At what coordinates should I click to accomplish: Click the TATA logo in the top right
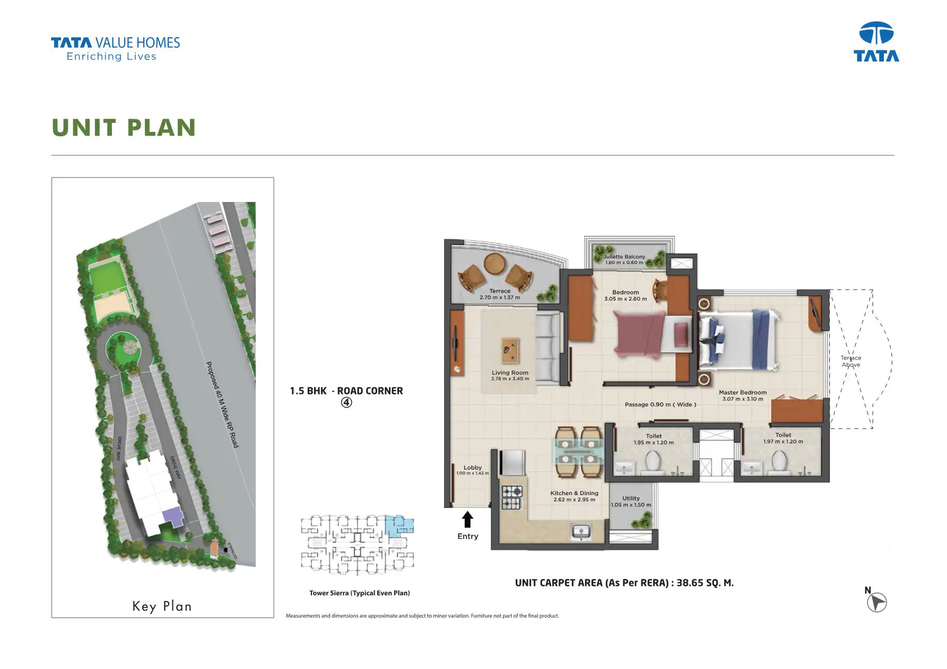[876, 42]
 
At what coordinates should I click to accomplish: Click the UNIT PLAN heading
[124, 128]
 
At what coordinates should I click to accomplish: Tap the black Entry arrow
[467, 520]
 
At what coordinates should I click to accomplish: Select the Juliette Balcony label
[624, 259]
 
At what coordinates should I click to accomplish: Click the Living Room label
[510, 375]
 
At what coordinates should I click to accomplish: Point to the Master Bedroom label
[742, 395]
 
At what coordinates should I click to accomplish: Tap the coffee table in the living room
[510, 350]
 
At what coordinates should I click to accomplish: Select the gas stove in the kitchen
[512, 498]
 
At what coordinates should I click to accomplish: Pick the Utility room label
[631, 501]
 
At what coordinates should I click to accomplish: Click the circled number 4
[346, 402]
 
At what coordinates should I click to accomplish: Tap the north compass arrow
[877, 603]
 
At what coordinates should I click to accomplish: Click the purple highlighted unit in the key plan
[172, 515]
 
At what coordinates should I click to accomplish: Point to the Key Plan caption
[162, 606]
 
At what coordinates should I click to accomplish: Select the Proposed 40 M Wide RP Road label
[222, 404]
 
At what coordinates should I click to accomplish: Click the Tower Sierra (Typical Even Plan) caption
[359, 593]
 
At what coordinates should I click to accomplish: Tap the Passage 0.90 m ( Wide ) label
[660, 404]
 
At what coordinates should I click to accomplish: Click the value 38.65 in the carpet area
[690, 583]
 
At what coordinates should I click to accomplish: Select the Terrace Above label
[850, 361]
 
